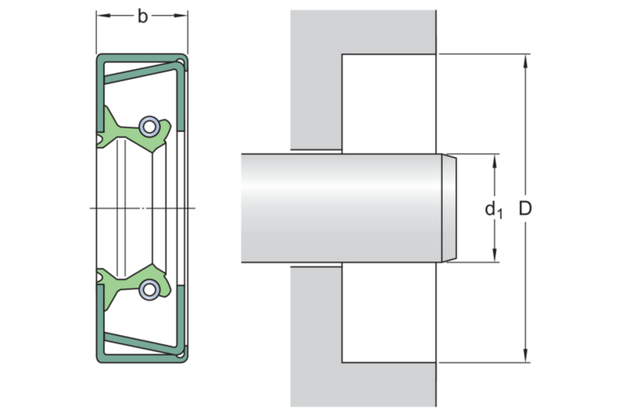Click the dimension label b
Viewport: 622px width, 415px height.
point(142,16)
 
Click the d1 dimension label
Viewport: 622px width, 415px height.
point(493,210)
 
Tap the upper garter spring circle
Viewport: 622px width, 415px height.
point(149,127)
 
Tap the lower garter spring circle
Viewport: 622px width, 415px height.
point(149,288)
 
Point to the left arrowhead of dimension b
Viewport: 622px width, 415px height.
point(100,16)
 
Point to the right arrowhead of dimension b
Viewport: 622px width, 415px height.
point(184,16)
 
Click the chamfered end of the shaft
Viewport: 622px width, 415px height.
point(448,208)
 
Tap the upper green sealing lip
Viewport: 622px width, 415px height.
point(132,132)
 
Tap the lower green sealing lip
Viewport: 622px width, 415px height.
point(132,283)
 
